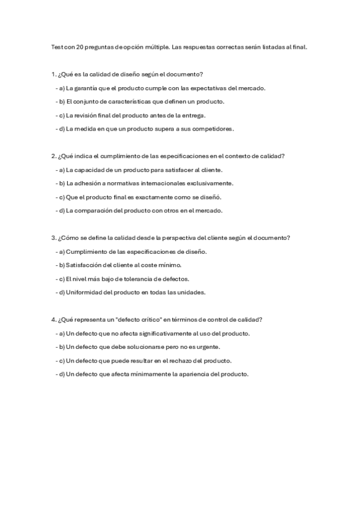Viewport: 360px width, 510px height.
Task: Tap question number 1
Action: tap(53, 74)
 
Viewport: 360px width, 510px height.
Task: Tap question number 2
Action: tap(53, 156)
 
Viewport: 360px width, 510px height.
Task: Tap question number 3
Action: tap(53, 238)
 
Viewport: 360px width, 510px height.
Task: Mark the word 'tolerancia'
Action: tap(139, 278)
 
